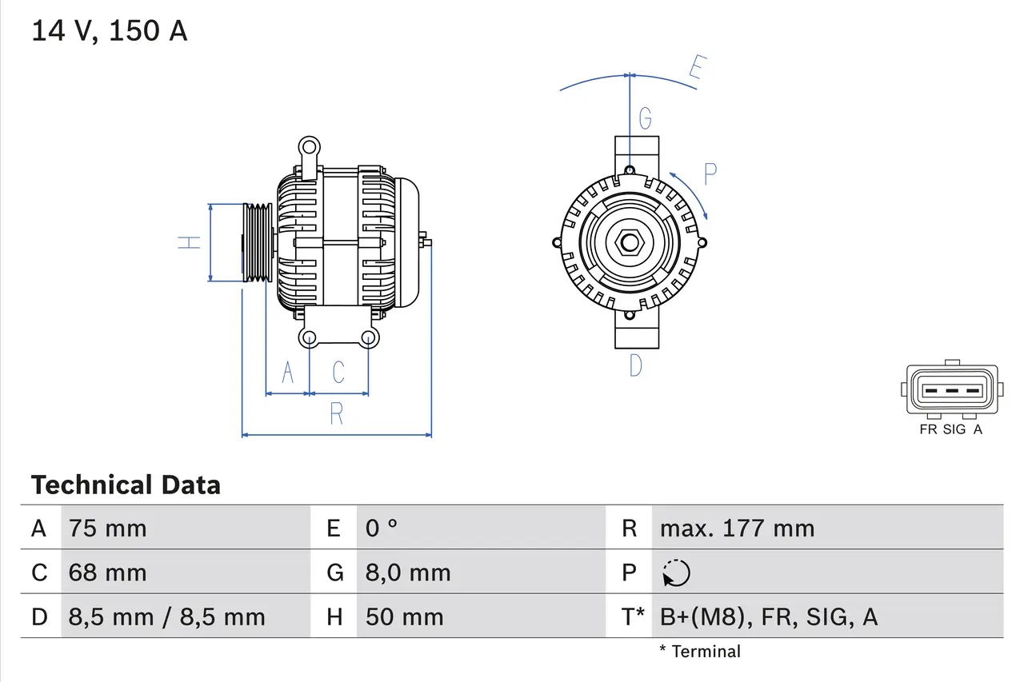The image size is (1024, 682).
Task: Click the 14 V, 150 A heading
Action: click(x=110, y=31)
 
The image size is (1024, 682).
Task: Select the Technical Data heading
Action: click(x=126, y=485)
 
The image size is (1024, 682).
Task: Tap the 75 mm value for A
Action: click(x=108, y=528)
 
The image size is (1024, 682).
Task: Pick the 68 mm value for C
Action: click(x=108, y=572)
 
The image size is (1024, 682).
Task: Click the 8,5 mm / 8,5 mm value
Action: click(x=166, y=616)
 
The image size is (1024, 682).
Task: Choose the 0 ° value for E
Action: click(x=382, y=528)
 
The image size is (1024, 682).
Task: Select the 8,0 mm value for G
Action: click(x=408, y=572)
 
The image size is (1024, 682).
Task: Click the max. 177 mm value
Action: click(x=737, y=528)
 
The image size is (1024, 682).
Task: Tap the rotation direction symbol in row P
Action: click(x=676, y=573)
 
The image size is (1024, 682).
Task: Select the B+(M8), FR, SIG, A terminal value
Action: click(x=769, y=616)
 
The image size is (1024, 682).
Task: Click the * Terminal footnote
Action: click(x=700, y=652)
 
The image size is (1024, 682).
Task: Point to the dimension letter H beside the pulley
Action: click(x=189, y=242)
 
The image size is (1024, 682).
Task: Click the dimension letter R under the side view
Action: click(x=337, y=414)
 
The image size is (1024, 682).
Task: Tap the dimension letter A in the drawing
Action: click(x=288, y=373)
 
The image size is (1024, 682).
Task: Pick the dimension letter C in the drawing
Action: click(x=338, y=373)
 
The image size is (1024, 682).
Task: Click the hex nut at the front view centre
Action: click(x=630, y=242)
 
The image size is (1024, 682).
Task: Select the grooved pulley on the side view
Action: click(x=258, y=242)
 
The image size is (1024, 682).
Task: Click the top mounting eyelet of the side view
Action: click(x=308, y=147)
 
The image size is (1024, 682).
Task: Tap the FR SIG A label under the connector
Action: click(x=951, y=429)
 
